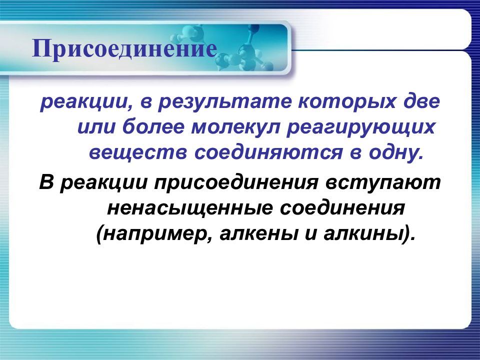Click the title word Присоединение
[x=124, y=49]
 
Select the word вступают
[x=383, y=183]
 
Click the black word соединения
[x=342, y=207]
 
